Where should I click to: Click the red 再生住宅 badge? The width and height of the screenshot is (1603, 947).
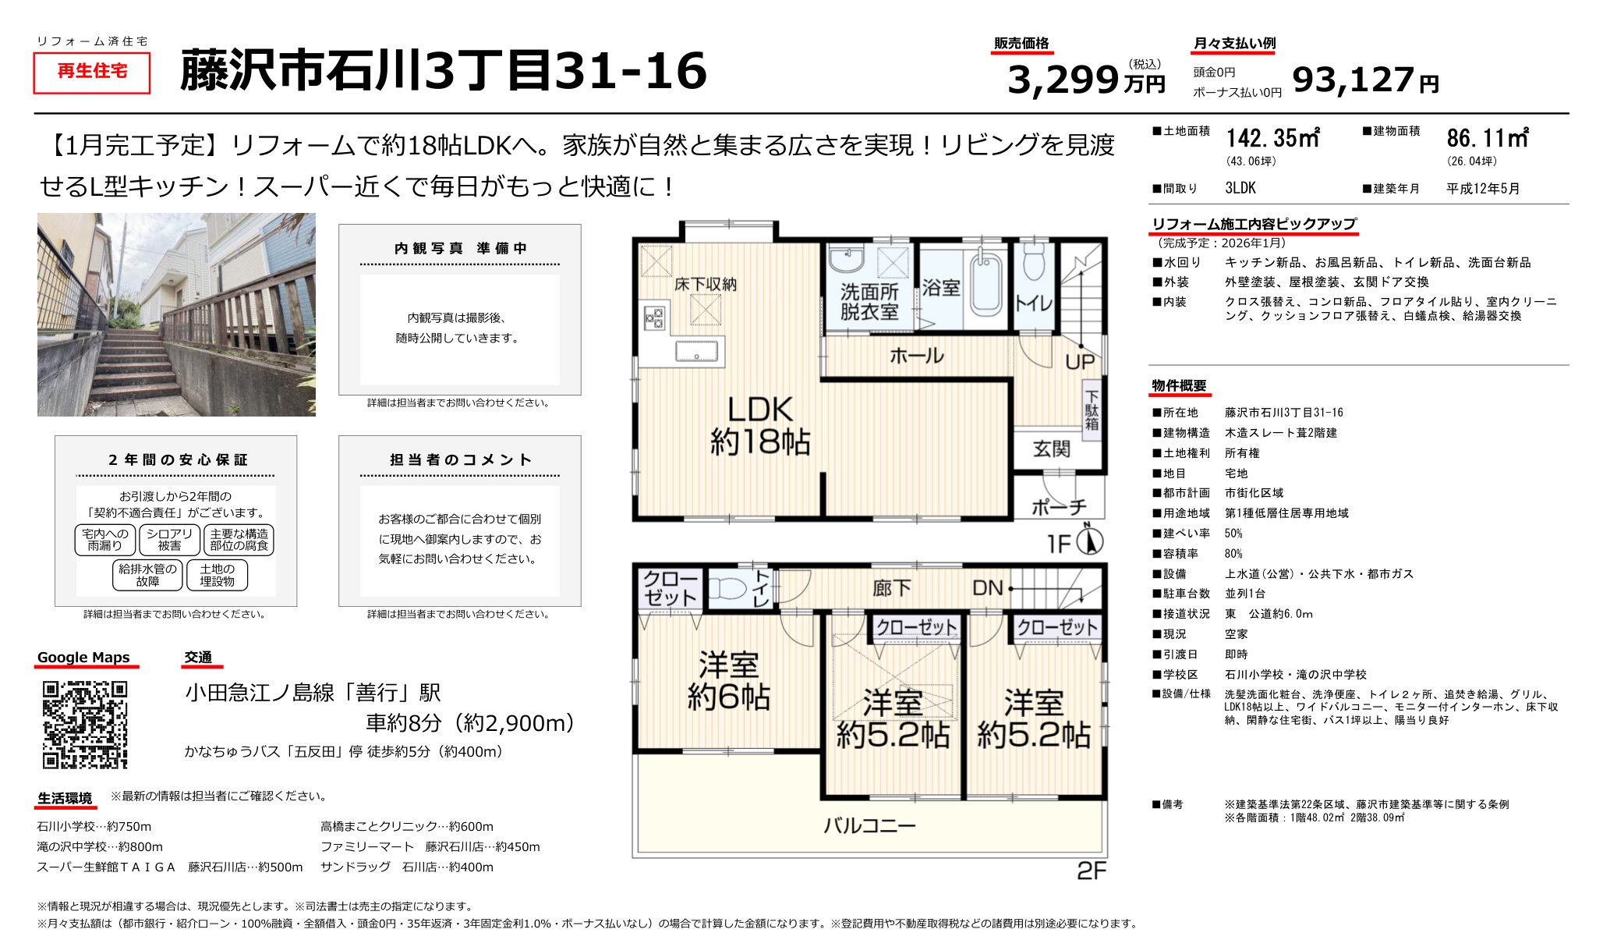pyautogui.click(x=92, y=72)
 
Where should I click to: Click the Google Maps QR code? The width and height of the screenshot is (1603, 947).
pyautogui.click(x=84, y=725)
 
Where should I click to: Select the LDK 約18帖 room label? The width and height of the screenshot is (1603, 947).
pyautogui.click(x=759, y=426)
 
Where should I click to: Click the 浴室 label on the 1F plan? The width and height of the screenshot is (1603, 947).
pyautogui.click(x=940, y=288)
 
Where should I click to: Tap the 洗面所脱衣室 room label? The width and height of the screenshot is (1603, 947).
pyautogui.click(x=869, y=303)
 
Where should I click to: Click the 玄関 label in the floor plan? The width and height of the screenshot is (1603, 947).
pyautogui.click(x=1051, y=449)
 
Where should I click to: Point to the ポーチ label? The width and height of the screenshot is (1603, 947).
pyautogui.click(x=1058, y=507)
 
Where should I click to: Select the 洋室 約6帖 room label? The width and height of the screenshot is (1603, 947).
pyautogui.click(x=728, y=681)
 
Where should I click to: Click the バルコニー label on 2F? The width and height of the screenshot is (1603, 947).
pyautogui.click(x=869, y=825)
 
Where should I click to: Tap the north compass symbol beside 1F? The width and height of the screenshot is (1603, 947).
pyautogui.click(x=1089, y=541)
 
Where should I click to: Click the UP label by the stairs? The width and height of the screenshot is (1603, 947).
pyautogui.click(x=1080, y=362)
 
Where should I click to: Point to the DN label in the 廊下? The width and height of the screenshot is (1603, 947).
pyautogui.click(x=987, y=588)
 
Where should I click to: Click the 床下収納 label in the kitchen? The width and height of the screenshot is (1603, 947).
pyautogui.click(x=705, y=284)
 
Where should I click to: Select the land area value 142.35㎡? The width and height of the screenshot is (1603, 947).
pyautogui.click(x=1272, y=139)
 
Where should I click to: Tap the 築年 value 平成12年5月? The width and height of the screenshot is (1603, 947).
pyautogui.click(x=1483, y=189)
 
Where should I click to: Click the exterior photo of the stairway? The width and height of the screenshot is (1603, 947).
pyautogui.click(x=176, y=314)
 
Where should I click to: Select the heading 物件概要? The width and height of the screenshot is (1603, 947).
pyautogui.click(x=1179, y=385)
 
